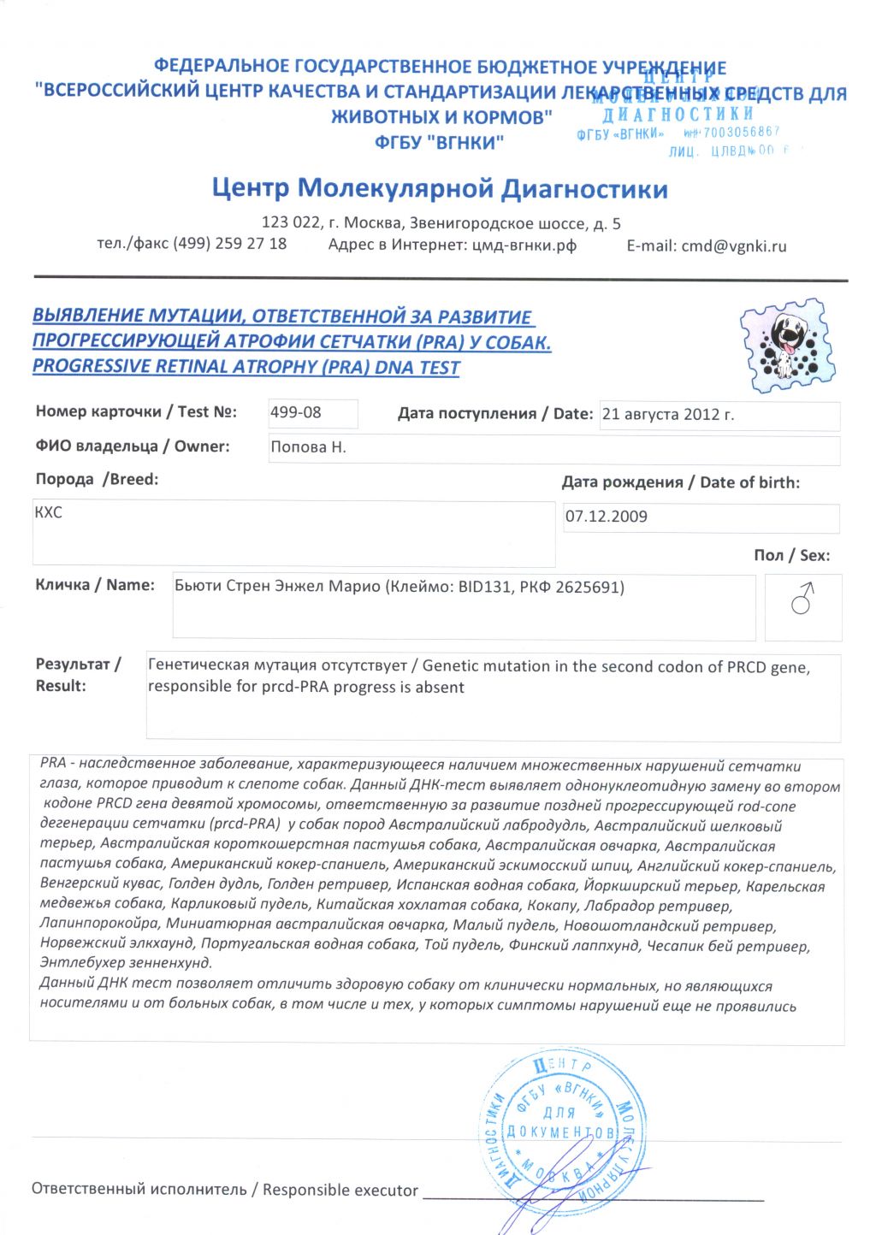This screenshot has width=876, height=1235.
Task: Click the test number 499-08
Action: pos(296,412)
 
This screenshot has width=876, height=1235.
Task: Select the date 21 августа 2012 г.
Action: pos(667,415)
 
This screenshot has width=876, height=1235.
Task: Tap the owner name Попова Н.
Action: pos(308,447)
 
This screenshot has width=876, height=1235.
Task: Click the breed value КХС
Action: pos(49,512)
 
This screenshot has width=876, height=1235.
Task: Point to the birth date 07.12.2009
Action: pos(607,517)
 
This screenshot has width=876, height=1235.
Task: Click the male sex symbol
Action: pos(802,599)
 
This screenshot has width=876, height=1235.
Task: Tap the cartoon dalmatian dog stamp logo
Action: pos(787,344)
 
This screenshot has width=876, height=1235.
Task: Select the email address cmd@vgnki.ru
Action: pos(733,246)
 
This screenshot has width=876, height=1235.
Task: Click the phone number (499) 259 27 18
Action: pos(229,244)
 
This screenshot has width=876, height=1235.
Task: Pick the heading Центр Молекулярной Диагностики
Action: pos(440,188)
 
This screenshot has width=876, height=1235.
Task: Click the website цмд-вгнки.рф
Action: pos(524,245)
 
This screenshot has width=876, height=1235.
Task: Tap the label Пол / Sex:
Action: pos(791,555)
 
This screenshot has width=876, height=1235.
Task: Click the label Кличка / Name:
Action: pos(95,585)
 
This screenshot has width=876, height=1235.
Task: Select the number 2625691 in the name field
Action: pos(589,588)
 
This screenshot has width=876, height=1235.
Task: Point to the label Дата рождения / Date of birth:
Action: pos(680,482)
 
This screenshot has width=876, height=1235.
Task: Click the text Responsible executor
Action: pos(340,1190)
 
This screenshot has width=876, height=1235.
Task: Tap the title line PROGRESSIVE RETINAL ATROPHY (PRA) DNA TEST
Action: pos(246,368)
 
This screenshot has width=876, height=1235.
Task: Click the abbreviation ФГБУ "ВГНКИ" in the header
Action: pos(439,142)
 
